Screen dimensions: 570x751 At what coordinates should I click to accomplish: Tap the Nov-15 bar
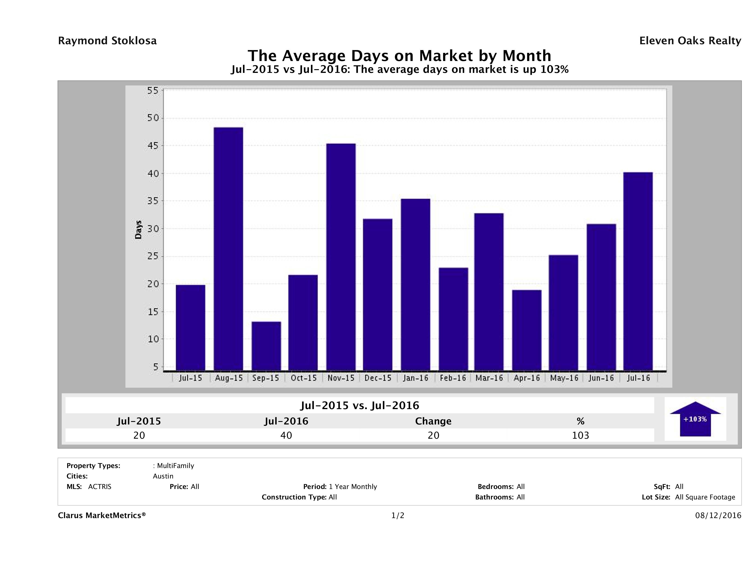(341, 257)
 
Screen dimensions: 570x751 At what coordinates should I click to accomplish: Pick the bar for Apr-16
(527, 330)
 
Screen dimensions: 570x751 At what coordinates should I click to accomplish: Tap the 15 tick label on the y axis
(153, 312)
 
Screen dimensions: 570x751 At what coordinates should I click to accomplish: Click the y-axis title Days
(138, 230)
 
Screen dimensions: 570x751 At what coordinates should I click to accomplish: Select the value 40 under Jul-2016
(286, 435)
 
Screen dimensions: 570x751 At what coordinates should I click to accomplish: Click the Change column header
(433, 421)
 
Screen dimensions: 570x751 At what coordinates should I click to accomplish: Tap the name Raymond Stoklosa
(107, 41)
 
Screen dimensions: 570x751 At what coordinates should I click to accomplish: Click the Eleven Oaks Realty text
(690, 41)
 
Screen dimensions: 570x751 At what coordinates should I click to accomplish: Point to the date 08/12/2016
(718, 515)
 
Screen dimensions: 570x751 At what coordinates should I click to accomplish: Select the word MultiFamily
(175, 466)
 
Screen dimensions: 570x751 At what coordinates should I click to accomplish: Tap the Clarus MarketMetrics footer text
(102, 515)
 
